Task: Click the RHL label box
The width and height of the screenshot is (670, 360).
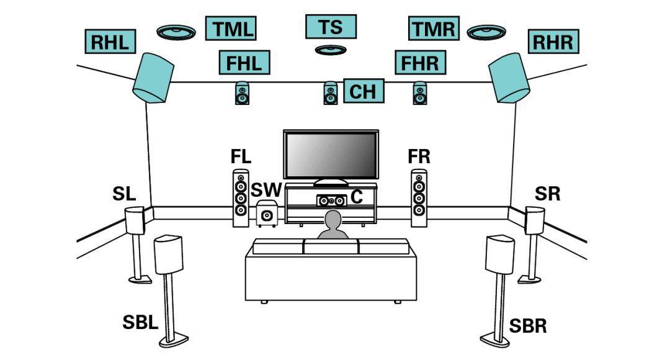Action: (x=110, y=42)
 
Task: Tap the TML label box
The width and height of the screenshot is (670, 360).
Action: (x=231, y=29)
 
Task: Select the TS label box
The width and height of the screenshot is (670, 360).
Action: (x=331, y=27)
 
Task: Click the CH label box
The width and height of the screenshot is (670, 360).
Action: (x=363, y=91)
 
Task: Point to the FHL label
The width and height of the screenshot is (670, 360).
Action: (x=244, y=62)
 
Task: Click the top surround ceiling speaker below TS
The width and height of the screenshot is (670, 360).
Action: (x=330, y=50)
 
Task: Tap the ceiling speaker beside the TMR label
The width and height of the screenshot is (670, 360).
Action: (x=487, y=32)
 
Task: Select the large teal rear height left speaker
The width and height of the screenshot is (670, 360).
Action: (x=152, y=77)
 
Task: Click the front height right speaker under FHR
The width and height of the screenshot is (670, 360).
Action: (x=420, y=93)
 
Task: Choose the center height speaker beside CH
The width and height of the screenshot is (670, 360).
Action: (x=331, y=93)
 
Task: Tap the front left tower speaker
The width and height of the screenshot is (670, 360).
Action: (x=241, y=199)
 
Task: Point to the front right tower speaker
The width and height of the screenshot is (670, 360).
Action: (x=419, y=199)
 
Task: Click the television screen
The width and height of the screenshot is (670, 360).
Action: (x=331, y=155)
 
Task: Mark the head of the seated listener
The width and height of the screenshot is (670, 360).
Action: (x=333, y=220)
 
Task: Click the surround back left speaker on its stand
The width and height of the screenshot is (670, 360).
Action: (x=168, y=254)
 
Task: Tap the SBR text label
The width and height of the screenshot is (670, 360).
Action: (x=528, y=325)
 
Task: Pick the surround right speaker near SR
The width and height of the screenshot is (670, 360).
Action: (x=534, y=220)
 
